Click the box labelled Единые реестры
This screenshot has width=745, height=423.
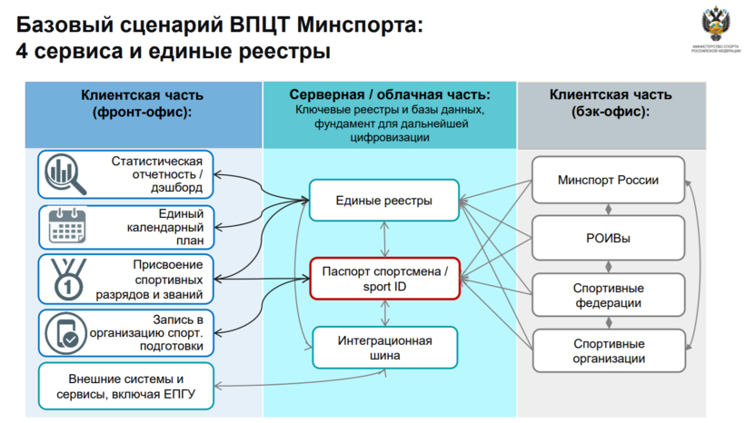[x=383, y=200]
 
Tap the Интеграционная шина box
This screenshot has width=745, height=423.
[x=384, y=349]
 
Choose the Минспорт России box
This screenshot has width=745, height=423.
[x=608, y=180]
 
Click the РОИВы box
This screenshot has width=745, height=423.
[x=608, y=238]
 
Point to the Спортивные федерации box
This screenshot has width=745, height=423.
[x=608, y=295]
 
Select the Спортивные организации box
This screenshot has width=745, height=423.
[x=609, y=350]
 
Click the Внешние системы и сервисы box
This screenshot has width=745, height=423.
[x=126, y=385]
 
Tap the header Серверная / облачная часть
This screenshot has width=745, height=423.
[x=389, y=94]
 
